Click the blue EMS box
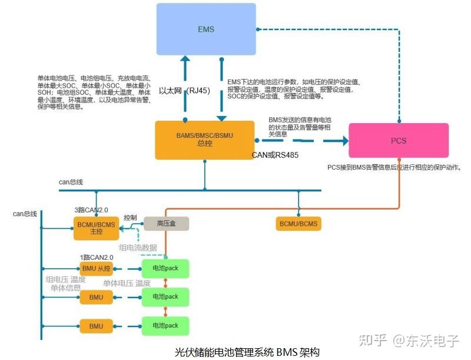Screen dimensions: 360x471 205,29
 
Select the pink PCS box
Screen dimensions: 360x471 399,141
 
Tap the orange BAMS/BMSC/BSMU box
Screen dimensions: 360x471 204,140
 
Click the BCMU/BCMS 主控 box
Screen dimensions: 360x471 96,227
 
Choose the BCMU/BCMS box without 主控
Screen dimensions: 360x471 298,223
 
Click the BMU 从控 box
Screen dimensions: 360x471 96,269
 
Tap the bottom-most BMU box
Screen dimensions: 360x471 96,326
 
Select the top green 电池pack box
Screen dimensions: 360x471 165,269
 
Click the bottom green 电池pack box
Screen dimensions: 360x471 165,326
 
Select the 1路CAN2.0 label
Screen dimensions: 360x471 97,257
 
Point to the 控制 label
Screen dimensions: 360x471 131,217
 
